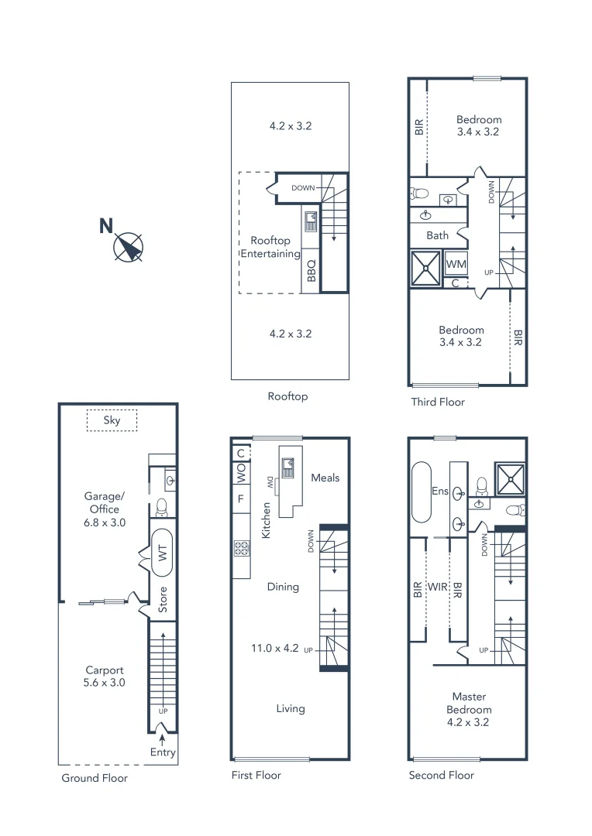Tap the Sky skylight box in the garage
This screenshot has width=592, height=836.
[x=112, y=420]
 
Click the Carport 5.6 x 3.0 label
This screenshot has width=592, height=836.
[x=105, y=677]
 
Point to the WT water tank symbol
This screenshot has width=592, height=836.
[x=163, y=553]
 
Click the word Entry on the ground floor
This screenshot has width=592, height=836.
[x=163, y=752]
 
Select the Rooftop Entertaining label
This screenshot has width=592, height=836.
[x=270, y=248]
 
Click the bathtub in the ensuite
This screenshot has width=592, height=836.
[x=422, y=492]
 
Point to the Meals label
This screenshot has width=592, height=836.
[x=325, y=478]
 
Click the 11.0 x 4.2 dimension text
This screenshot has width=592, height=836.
[x=274, y=649]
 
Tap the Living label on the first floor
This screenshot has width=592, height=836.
[x=291, y=708]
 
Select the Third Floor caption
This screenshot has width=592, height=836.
[x=438, y=402]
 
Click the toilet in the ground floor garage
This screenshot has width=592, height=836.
[x=163, y=507]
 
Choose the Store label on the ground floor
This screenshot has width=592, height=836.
[x=163, y=600]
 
